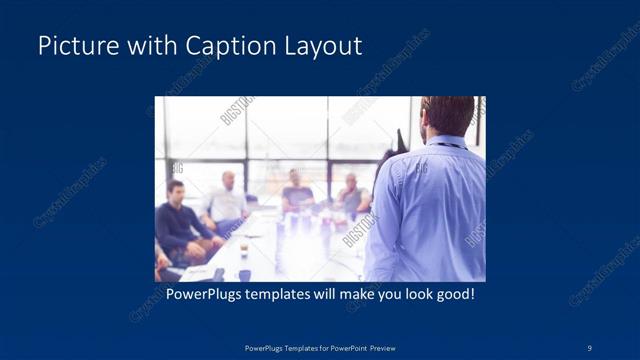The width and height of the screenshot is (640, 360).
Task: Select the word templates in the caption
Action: (x=288, y=295)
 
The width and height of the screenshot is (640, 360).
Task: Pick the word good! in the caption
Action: (x=452, y=295)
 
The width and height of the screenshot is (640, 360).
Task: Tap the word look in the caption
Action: (x=412, y=295)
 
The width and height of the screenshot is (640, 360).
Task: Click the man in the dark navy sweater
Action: (x=177, y=220)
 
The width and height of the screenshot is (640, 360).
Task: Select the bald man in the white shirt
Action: (x=226, y=200)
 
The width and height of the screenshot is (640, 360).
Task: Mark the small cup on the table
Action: (x=243, y=248)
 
